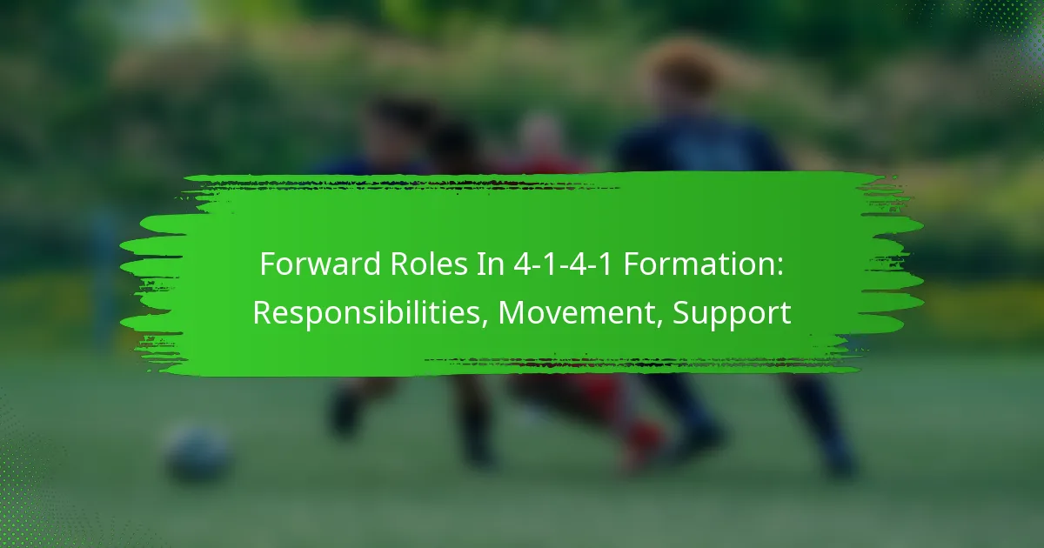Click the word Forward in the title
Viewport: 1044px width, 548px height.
321,264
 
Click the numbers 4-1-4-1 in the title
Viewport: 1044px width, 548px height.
563,264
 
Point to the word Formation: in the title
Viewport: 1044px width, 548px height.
703,264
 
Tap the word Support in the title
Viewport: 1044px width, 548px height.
732,314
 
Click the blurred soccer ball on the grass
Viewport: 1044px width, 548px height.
197,453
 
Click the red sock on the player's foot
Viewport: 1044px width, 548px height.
646,445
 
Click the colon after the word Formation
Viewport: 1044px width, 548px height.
780,266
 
